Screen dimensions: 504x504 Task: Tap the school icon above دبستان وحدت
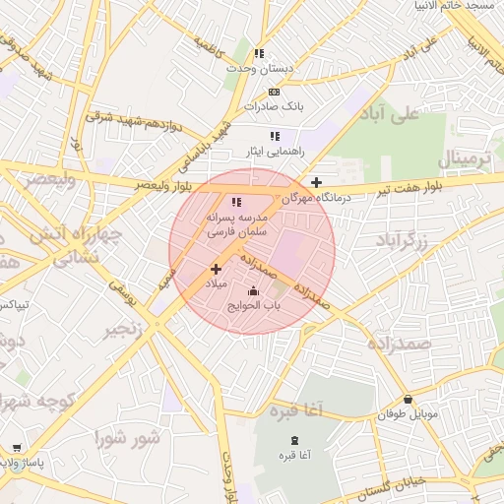[259, 53]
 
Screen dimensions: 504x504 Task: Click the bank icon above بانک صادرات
[274, 92]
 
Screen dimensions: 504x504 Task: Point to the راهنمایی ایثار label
[274, 152]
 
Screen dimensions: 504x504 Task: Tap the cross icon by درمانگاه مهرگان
[316, 182]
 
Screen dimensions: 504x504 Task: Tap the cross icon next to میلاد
[216, 269]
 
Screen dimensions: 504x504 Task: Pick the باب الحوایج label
[254, 305]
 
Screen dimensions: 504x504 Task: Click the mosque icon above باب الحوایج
[254, 291]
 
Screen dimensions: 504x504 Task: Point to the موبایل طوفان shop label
[408, 414]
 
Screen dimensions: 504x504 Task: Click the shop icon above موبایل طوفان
[408, 400]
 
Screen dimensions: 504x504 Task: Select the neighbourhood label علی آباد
[391, 112]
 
